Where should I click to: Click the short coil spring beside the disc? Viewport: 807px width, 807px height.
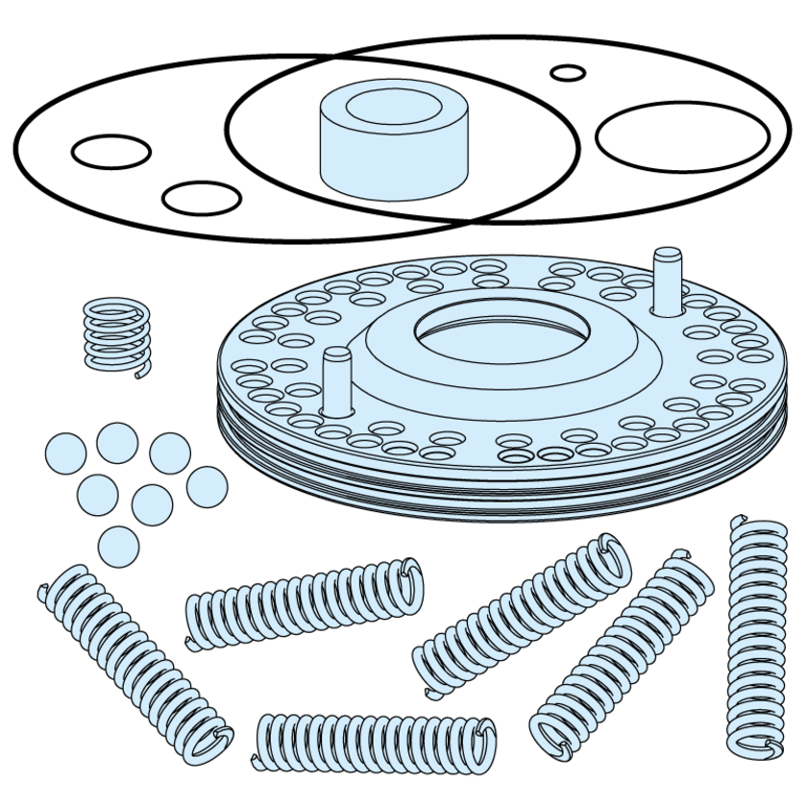coord(116,333)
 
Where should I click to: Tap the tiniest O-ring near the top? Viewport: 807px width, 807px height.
coord(568,73)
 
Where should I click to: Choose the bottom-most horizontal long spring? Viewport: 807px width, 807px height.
coord(375,742)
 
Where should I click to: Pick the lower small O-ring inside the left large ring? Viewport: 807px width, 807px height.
coord(202,198)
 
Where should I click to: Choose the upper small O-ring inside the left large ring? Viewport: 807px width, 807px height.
coord(111,151)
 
